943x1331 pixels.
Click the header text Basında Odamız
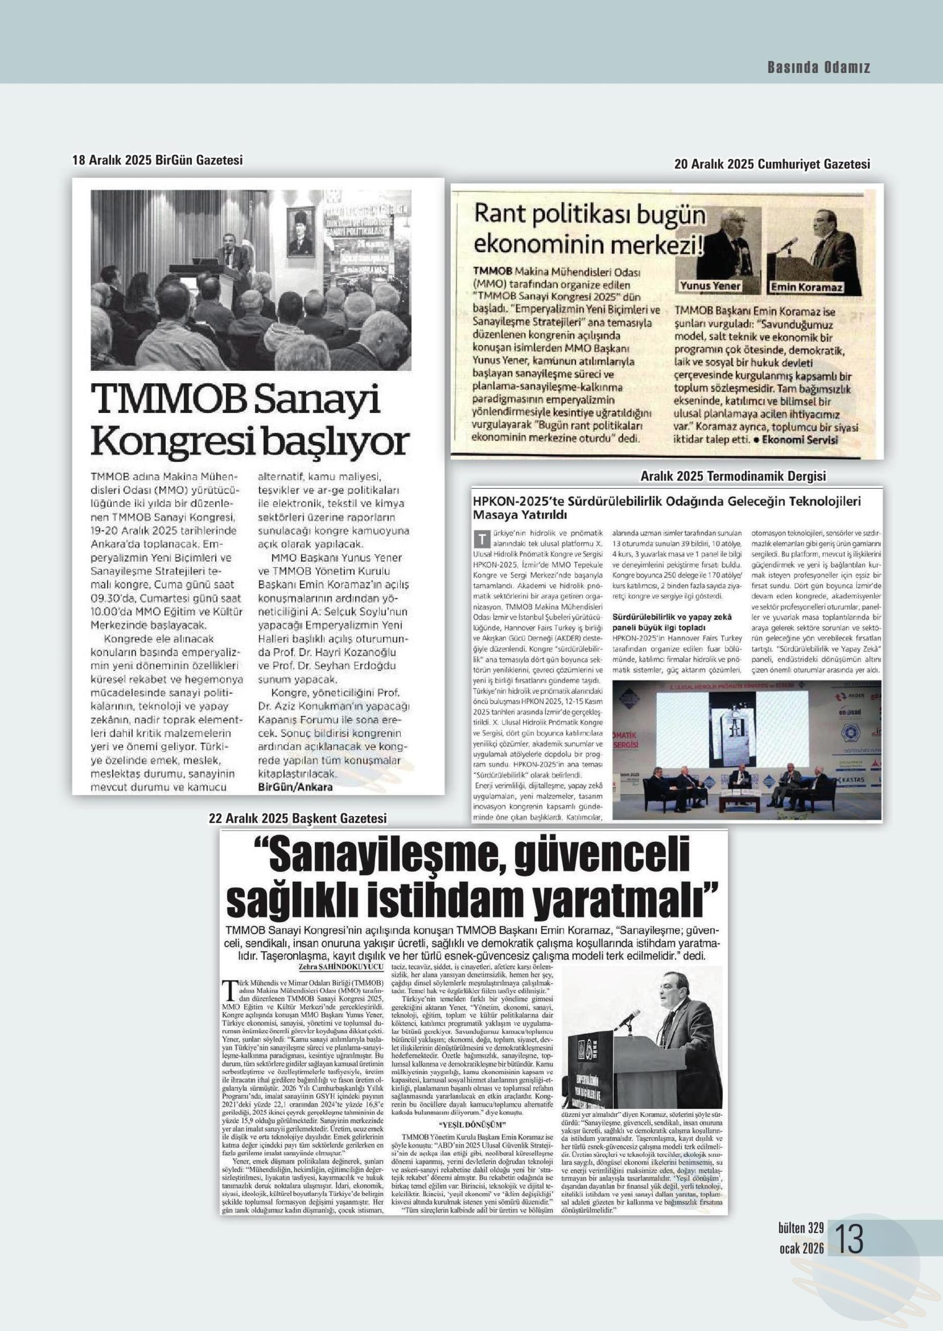click(819, 68)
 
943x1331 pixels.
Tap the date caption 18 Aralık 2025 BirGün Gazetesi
click(157, 160)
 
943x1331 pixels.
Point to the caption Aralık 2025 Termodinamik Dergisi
click(732, 476)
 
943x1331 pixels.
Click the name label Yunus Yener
click(710, 286)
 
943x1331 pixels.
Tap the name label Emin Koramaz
click(807, 287)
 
